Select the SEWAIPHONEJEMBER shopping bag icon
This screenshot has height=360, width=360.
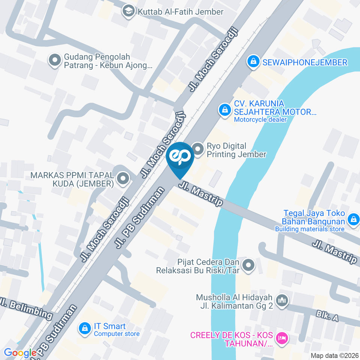tap(253, 62)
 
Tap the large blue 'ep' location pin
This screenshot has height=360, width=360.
tap(180, 157)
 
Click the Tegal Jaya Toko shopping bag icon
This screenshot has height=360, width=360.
tap(353, 220)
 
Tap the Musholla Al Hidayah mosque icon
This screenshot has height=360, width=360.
tap(281, 300)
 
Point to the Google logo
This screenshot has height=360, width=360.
tap(20, 353)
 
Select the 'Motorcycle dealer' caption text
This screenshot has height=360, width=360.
tap(260, 120)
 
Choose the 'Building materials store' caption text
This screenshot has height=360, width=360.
tap(309, 229)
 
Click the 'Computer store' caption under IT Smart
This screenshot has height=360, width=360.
tap(117, 334)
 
